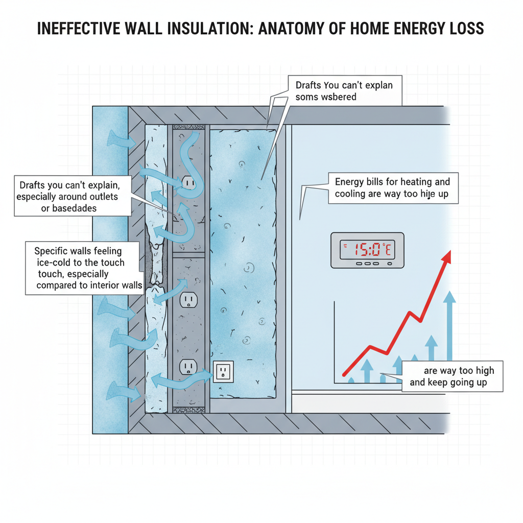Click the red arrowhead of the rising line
[447, 256]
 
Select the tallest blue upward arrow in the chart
[449, 327]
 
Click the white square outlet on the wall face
[223, 371]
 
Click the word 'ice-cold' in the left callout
[55, 263]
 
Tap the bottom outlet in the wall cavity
[188, 367]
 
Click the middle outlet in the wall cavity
[188, 300]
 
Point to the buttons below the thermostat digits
[367, 264]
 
